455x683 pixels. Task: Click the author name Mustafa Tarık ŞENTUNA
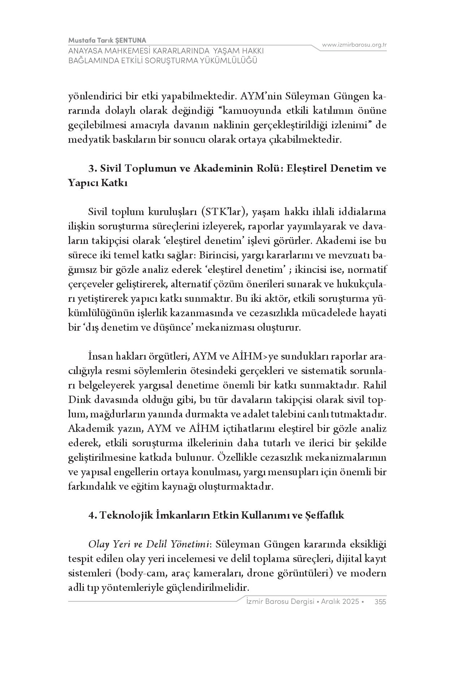[x=107, y=40]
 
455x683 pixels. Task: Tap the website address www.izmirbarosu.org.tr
[x=354, y=45]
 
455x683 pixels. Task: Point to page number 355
[x=380, y=602]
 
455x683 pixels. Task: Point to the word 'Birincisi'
[x=220, y=255]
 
